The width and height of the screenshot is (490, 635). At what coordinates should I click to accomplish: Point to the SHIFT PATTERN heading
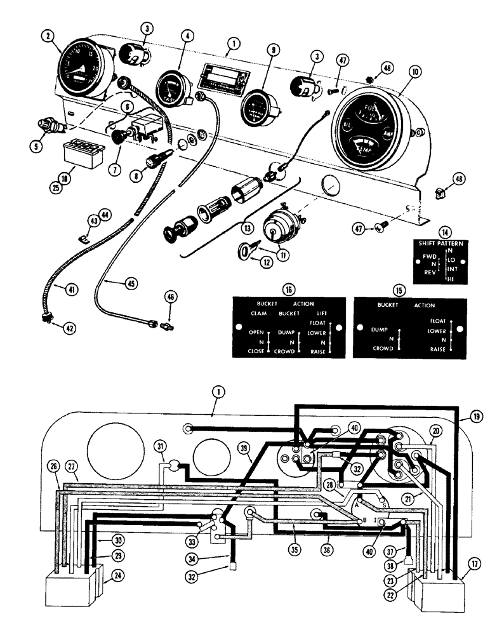(444, 243)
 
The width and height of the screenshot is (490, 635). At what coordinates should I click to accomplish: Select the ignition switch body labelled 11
(275, 233)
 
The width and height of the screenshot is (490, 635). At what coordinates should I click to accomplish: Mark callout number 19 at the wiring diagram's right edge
(476, 417)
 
